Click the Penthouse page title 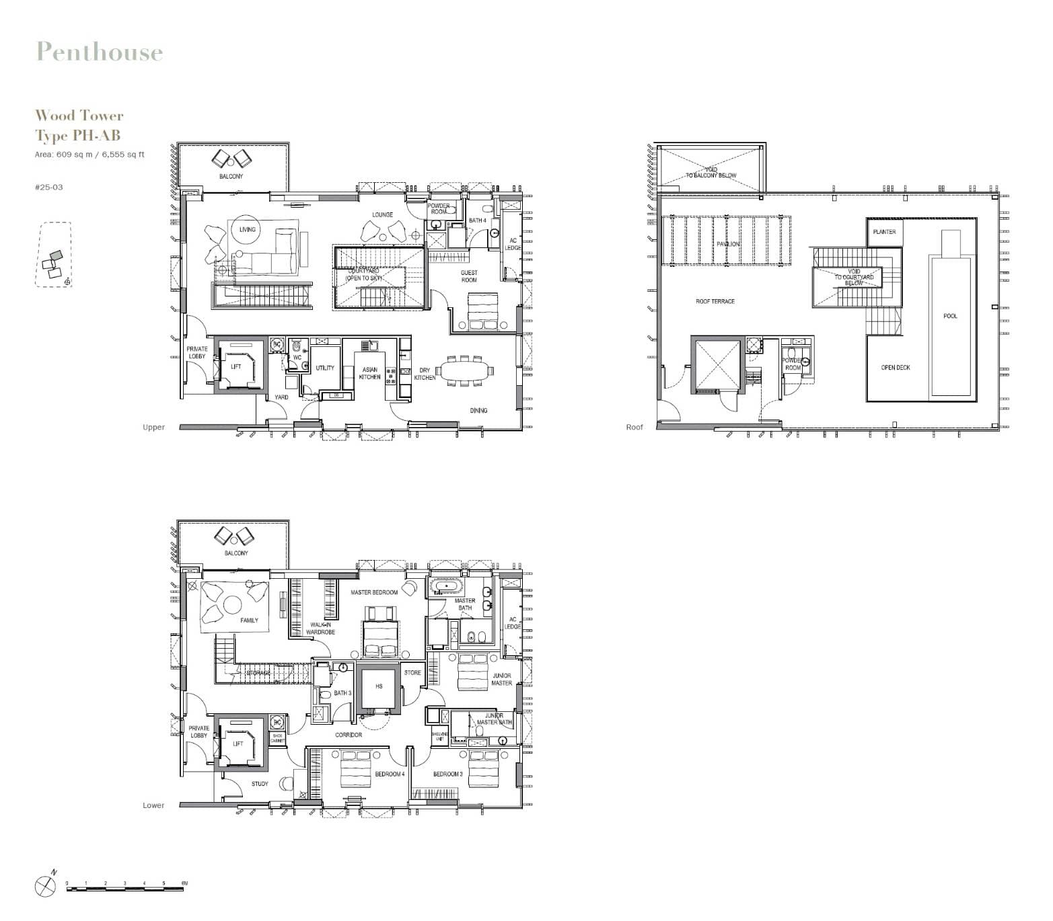pos(100,52)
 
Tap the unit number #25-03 pos(48,187)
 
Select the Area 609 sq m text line pos(89,155)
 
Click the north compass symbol pos(45,885)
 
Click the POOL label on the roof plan pos(950,316)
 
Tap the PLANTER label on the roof pos(884,232)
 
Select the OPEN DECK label pos(896,368)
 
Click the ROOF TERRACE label pos(715,302)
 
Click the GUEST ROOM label pos(469,276)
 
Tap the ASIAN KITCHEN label pos(369,374)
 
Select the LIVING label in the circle pos(247,230)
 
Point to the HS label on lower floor pos(379,686)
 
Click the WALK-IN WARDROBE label pos(320,629)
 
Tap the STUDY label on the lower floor pos(260,784)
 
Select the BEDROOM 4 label pos(390,774)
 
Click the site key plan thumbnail pos(54,255)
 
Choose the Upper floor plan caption pos(153,428)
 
